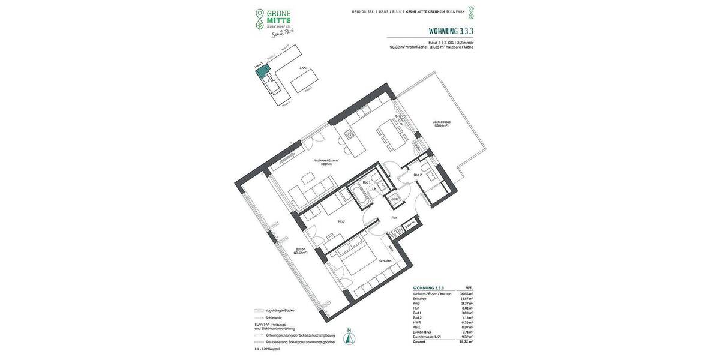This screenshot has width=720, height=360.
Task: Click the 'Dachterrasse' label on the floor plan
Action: [x=441, y=123]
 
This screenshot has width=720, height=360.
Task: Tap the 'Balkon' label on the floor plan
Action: [x=301, y=250]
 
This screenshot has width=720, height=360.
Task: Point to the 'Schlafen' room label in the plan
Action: [x=385, y=260]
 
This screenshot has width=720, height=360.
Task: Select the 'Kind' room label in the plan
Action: [x=341, y=221]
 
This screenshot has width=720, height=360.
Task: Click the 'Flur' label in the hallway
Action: [x=394, y=217]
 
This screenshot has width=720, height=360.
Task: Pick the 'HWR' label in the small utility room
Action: [x=394, y=199]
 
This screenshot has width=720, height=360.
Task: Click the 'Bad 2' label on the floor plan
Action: [x=418, y=175]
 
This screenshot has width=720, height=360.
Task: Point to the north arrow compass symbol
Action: [x=348, y=337]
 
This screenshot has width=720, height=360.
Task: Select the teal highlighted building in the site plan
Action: [x=262, y=72]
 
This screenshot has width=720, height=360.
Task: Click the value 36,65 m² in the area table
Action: [x=466, y=293]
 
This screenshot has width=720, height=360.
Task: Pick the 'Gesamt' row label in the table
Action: [x=419, y=341]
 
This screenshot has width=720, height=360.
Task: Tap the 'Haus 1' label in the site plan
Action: [x=308, y=88]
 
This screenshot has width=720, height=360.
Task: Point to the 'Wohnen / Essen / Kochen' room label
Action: [x=326, y=162]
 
